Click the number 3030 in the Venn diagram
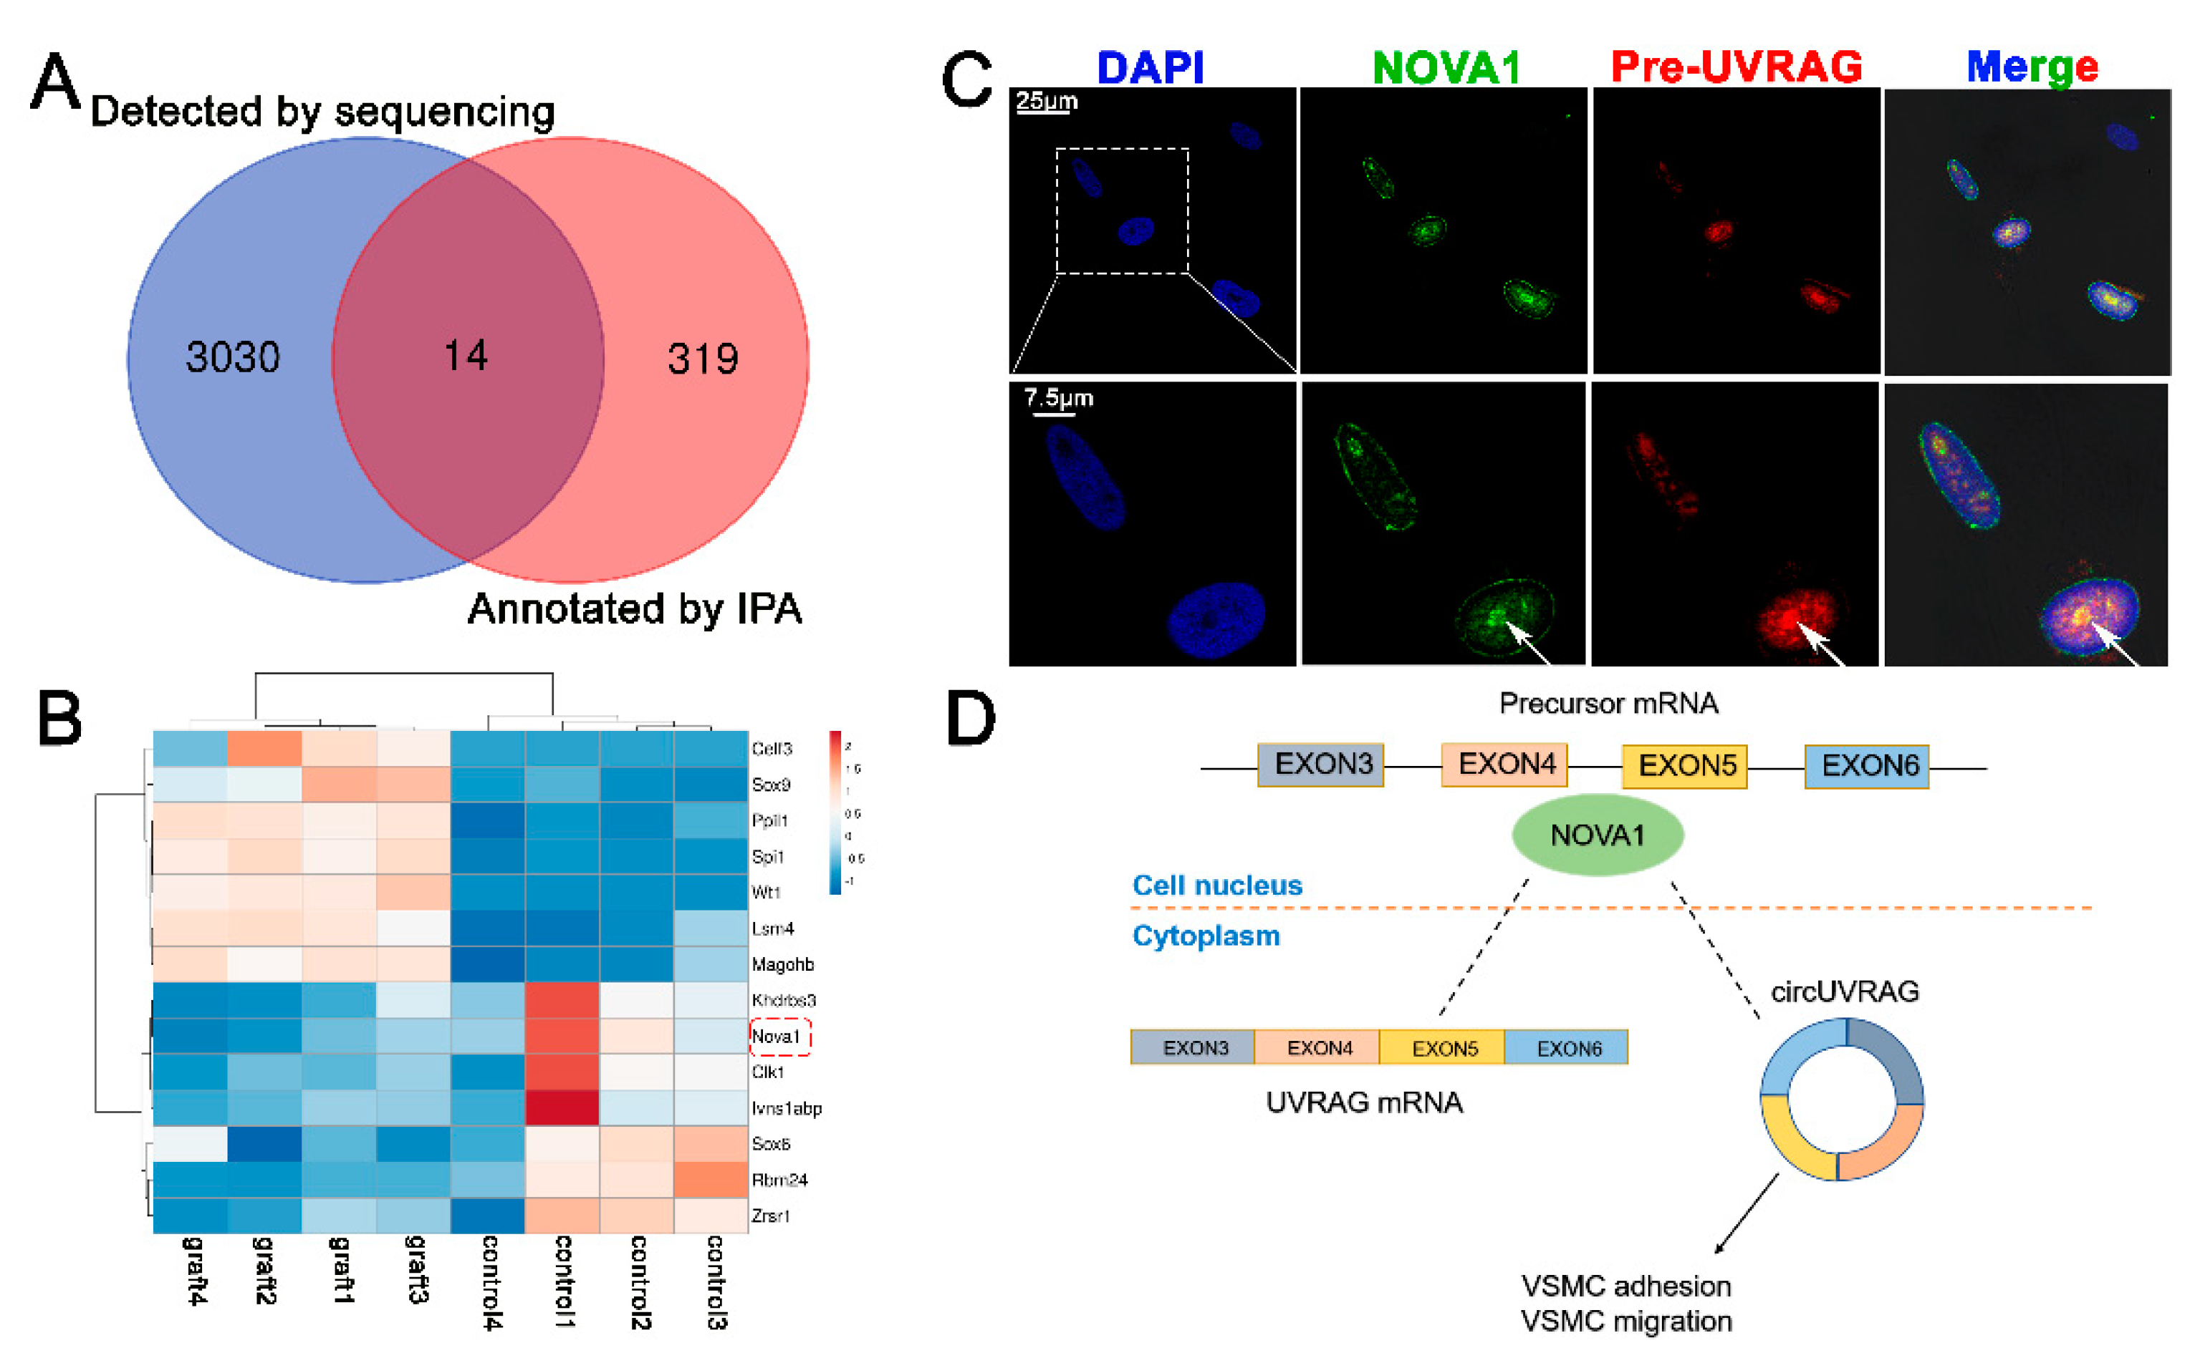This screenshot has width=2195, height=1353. (x=233, y=357)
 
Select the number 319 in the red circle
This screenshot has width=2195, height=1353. (x=703, y=359)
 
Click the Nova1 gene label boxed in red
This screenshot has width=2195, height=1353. (x=775, y=1037)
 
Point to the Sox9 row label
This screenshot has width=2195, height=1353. (x=771, y=785)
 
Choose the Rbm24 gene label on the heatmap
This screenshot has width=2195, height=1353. (x=779, y=1180)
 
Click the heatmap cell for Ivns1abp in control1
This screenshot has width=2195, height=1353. (x=561, y=1108)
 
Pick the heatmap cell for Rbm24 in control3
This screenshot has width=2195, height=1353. (x=710, y=1180)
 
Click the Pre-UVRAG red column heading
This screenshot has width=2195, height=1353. (x=1736, y=67)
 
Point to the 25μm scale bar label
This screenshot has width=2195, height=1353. (x=1047, y=100)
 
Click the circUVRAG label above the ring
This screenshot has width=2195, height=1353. (x=1844, y=991)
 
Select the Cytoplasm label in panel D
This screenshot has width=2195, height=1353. (x=1206, y=936)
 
